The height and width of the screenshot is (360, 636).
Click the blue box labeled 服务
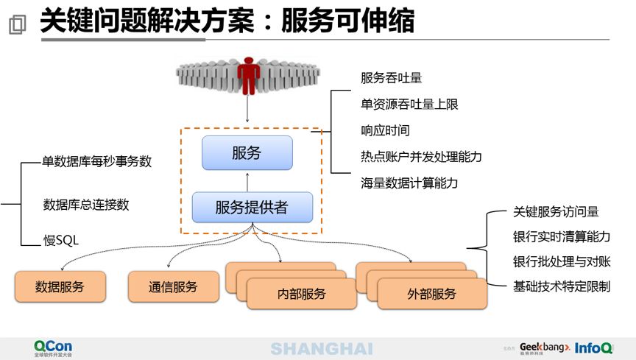tap(247, 153)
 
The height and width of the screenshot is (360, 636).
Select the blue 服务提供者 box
tap(252, 208)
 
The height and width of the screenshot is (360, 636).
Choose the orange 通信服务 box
tap(173, 286)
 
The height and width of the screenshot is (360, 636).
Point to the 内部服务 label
tap(301, 294)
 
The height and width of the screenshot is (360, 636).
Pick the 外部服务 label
tap(431, 294)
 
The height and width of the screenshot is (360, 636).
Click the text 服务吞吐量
tap(391, 78)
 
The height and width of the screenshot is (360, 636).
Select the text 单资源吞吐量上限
tap(409, 105)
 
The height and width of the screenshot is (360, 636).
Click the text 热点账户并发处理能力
tap(421, 157)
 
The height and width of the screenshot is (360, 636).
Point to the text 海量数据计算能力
tap(409, 183)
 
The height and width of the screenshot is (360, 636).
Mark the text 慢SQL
tap(61, 239)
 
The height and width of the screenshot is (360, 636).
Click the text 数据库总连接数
tap(86, 205)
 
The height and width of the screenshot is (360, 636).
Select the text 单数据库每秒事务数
tap(97, 161)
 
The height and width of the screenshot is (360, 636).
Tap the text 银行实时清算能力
tap(562, 237)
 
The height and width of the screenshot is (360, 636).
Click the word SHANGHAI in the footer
tap(321, 348)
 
